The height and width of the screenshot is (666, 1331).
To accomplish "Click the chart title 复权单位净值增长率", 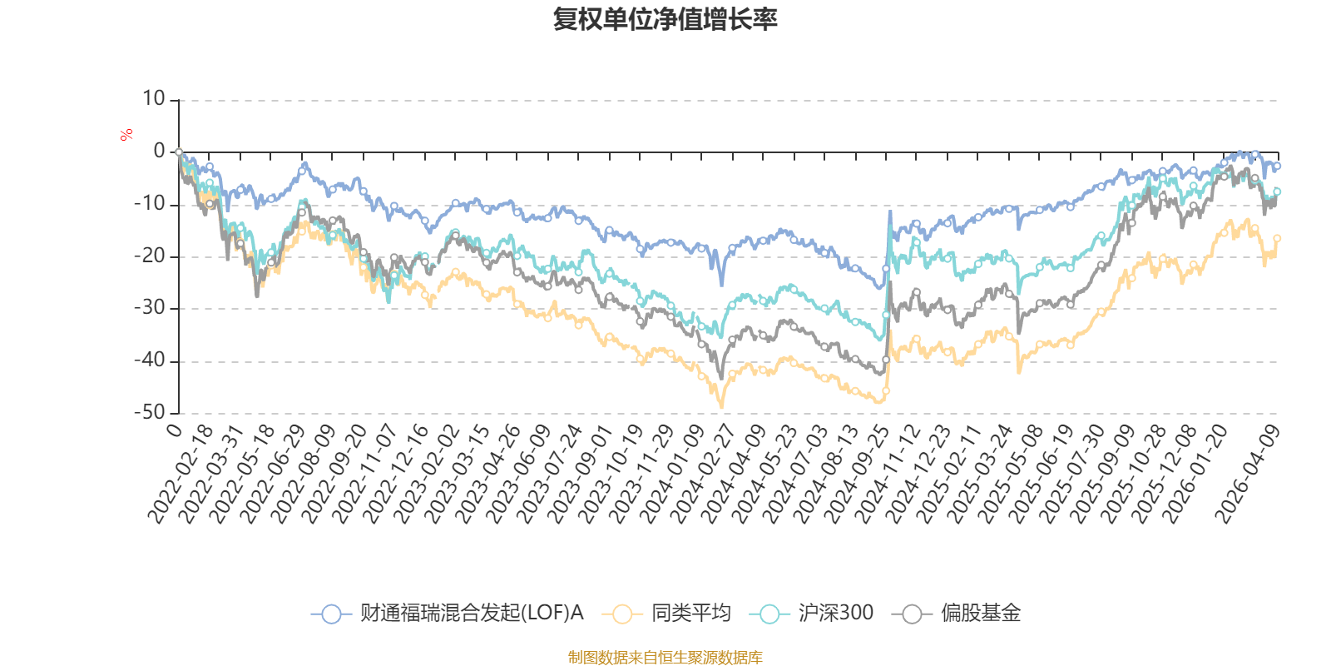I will click(665, 19).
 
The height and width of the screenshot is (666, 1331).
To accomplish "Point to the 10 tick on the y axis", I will click(154, 99).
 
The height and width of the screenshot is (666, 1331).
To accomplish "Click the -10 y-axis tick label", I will click(151, 204).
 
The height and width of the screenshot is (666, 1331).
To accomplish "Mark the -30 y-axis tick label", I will click(151, 308).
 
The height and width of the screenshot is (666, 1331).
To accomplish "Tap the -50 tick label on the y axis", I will click(151, 412).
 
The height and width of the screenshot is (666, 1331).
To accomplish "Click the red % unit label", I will click(126, 135).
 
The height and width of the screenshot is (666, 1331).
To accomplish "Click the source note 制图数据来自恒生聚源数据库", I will click(665, 658).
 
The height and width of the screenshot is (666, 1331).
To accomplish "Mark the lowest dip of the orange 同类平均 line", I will click(721, 406).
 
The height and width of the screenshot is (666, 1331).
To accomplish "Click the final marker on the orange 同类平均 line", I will click(1278, 238).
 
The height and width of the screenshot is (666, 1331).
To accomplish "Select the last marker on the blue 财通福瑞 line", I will click(1278, 166).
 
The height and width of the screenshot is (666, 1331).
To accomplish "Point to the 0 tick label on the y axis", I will click(160, 152).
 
